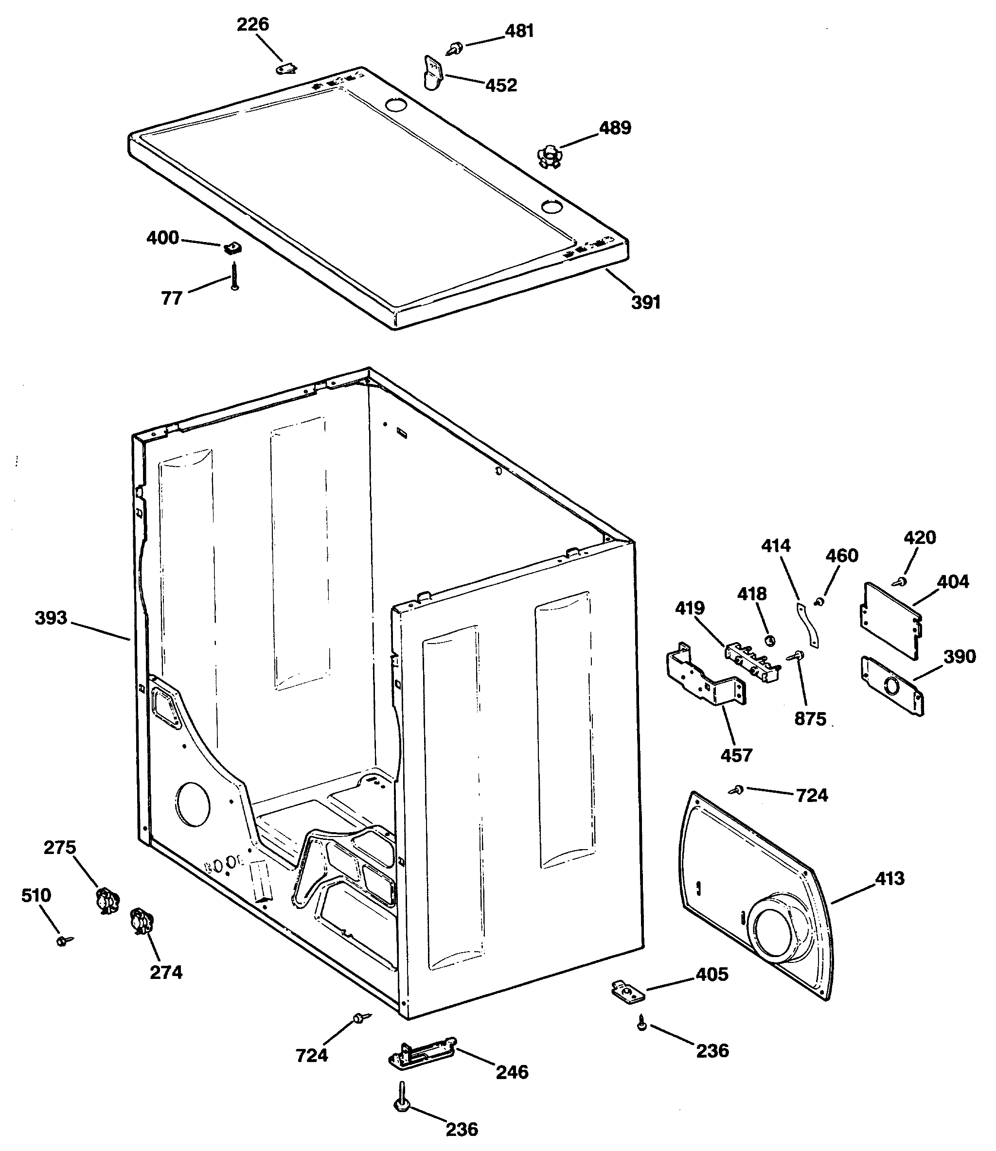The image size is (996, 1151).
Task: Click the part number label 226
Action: pyautogui.click(x=252, y=24)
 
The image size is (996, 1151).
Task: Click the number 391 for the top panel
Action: pyautogui.click(x=646, y=302)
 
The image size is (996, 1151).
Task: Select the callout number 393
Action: pyautogui.click(x=51, y=618)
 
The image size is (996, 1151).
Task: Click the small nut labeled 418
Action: pyautogui.click(x=770, y=641)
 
